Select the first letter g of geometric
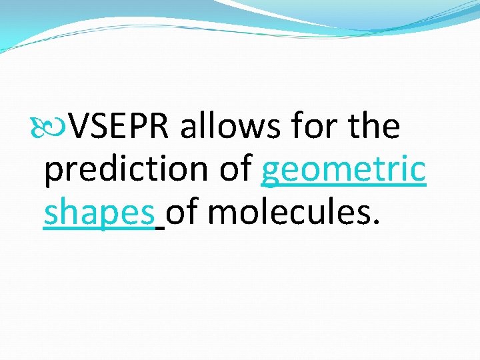pos(271,173)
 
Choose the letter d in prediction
pos(105,170)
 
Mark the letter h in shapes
pos(69,213)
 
